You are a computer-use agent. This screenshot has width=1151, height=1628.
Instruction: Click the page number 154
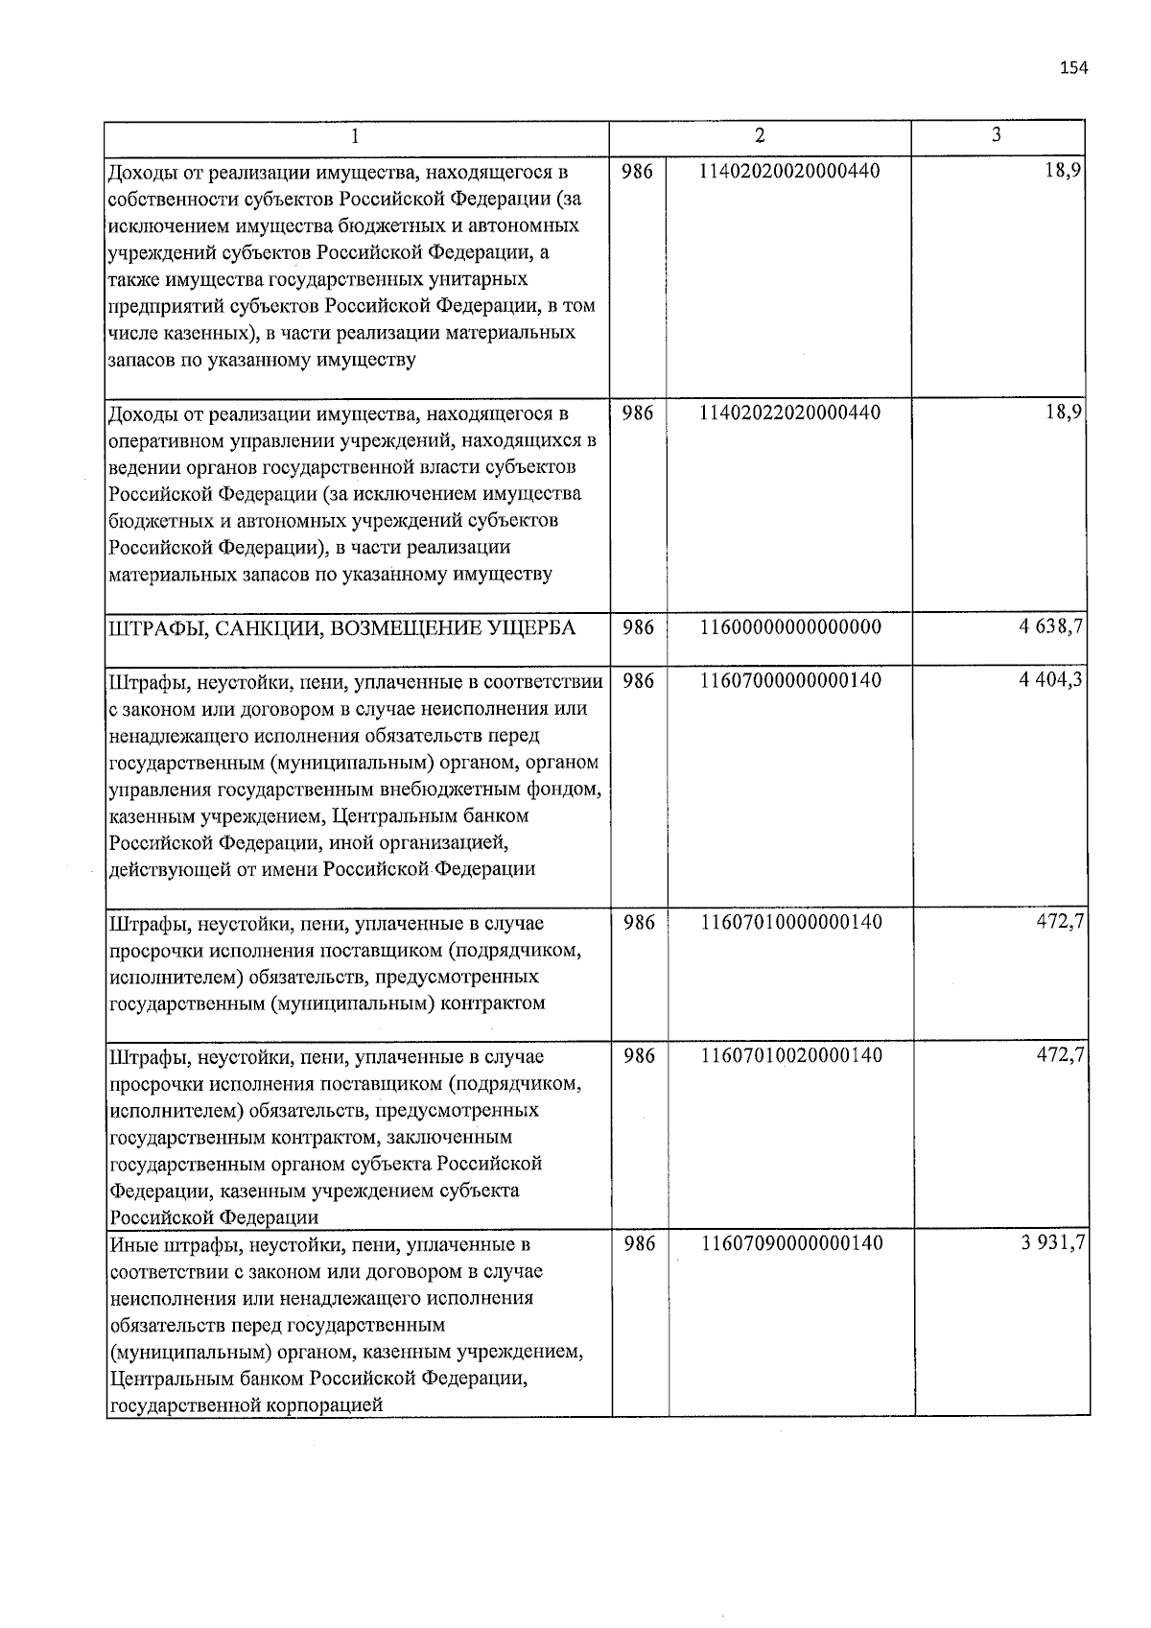[x=1073, y=67]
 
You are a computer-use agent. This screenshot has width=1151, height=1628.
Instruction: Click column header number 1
[x=355, y=136]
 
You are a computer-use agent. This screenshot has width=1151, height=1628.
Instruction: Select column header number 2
[x=760, y=136]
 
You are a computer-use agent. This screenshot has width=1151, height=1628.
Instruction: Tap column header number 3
[x=997, y=135]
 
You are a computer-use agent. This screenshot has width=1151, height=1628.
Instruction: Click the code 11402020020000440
[x=790, y=172]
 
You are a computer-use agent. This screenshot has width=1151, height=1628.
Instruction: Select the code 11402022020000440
[x=790, y=413]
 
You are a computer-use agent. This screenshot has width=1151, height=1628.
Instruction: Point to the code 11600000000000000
[x=791, y=628]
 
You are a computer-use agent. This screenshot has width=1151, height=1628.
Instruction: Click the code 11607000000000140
[x=791, y=681]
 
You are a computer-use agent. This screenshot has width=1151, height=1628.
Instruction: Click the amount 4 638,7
[x=1051, y=627]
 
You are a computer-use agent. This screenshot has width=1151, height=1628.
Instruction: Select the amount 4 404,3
[x=1051, y=681]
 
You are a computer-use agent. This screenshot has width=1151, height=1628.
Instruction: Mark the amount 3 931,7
[x=1052, y=1244]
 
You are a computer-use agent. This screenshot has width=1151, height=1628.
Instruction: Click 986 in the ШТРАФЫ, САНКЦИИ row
[x=638, y=628]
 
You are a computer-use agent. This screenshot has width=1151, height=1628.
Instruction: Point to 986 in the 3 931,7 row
[x=639, y=1244]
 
